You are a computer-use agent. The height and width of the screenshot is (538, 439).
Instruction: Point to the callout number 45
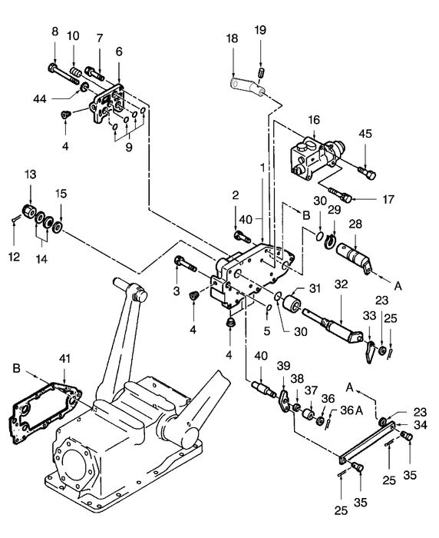365,133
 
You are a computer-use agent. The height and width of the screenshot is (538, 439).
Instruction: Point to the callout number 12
13,236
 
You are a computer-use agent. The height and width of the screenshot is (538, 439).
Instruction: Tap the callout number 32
339,284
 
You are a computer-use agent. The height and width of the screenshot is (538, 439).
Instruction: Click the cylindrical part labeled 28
355,254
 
